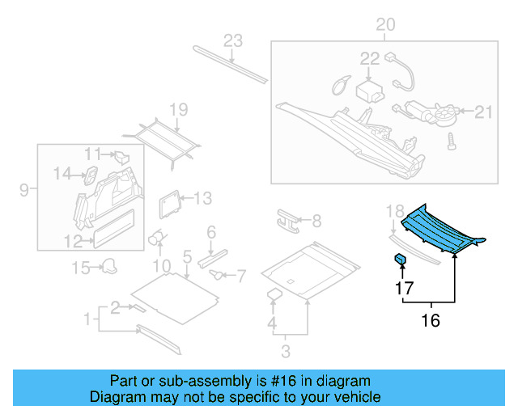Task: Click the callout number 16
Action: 430,321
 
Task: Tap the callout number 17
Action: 402,288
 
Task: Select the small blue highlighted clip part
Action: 400,259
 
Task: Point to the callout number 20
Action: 385,25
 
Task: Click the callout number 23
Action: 233,40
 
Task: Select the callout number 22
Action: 369,58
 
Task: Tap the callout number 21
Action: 482,112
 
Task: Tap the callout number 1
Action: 87,321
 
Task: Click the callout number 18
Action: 394,211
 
